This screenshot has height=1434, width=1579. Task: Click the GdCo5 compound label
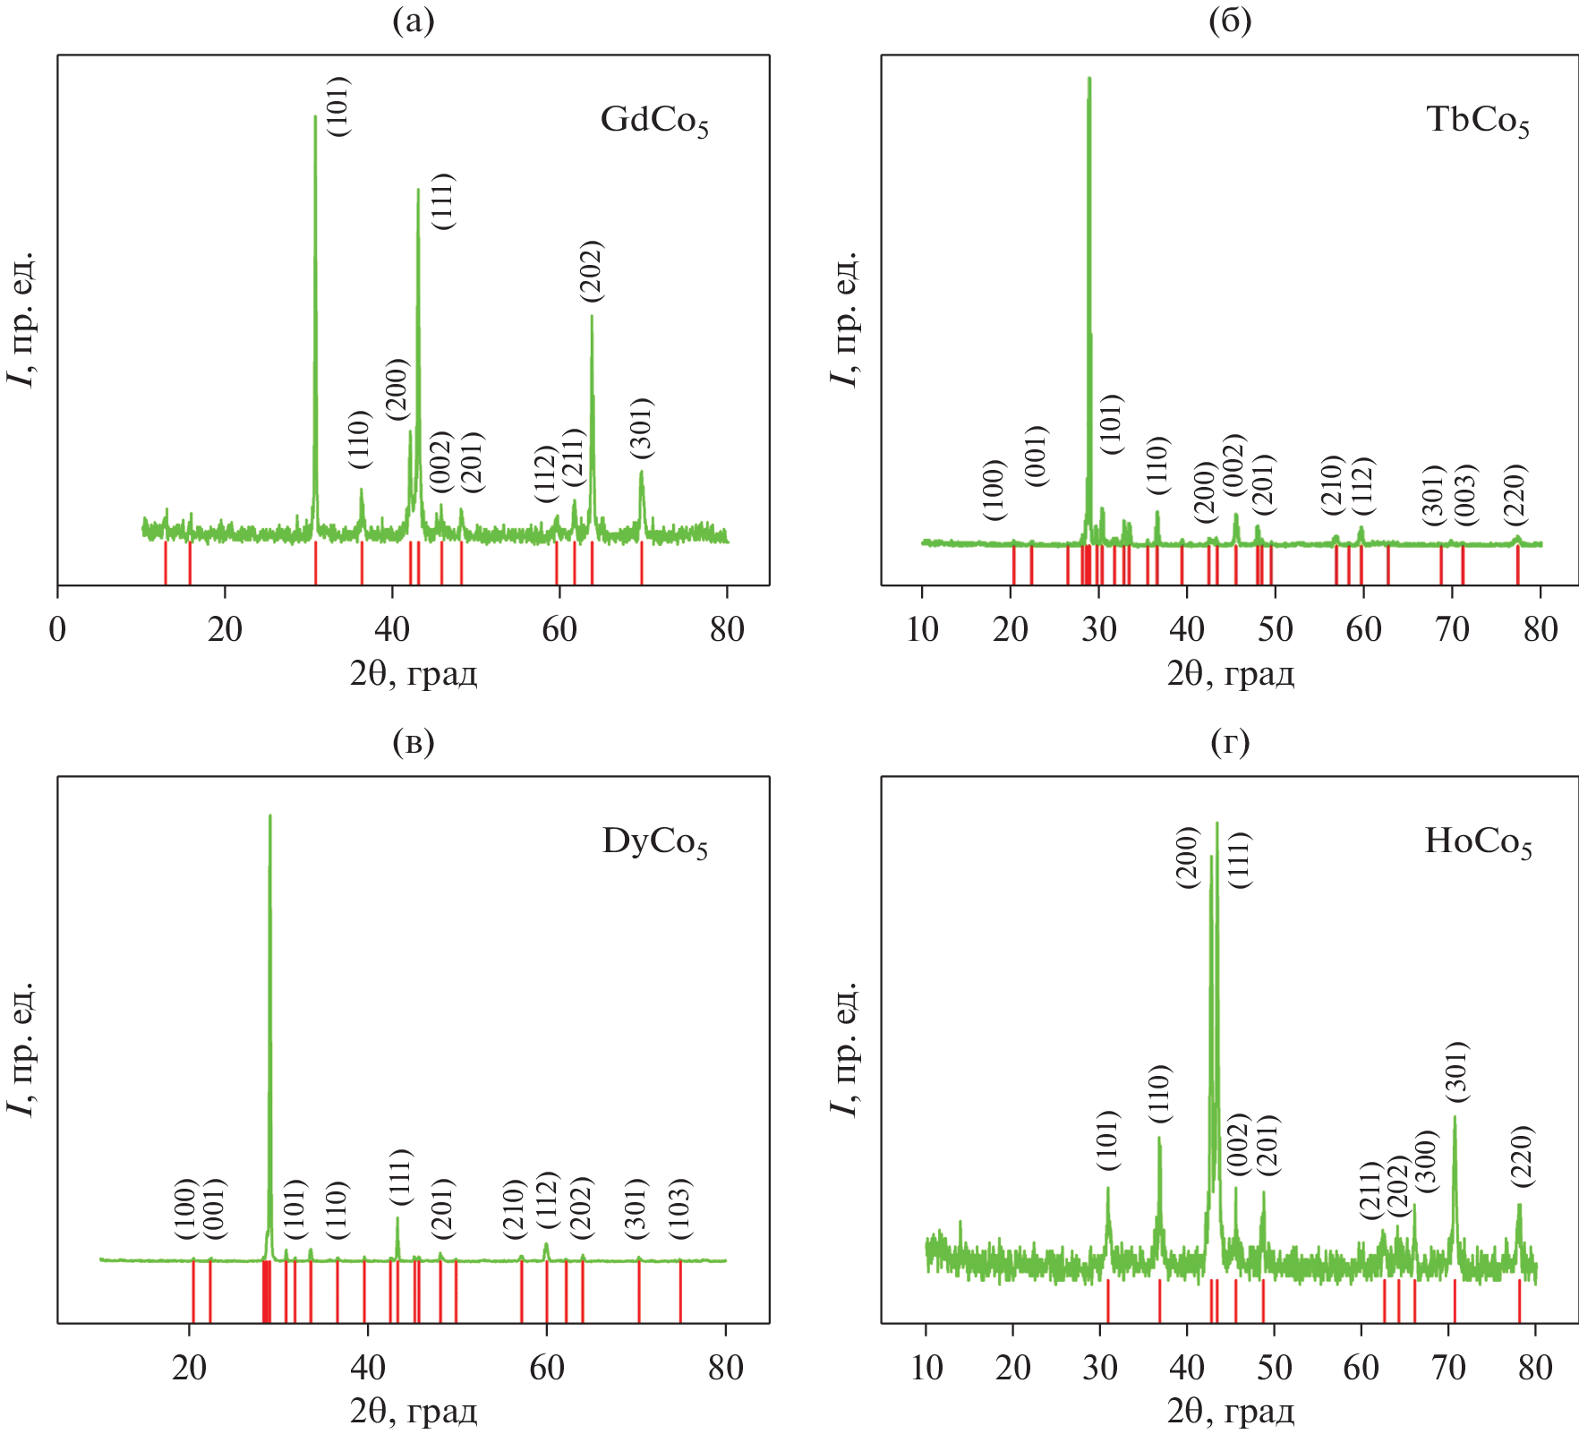(654, 121)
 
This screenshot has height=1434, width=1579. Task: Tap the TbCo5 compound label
(1478, 121)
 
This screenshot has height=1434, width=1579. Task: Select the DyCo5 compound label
(655, 842)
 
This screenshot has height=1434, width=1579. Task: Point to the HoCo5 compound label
(1478, 842)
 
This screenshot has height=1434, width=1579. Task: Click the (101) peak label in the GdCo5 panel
(338, 107)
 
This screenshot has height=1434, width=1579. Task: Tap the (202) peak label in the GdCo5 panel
(591, 270)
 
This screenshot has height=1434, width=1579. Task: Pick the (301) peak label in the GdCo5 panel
(641, 428)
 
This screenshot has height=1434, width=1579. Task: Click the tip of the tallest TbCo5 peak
(1088, 79)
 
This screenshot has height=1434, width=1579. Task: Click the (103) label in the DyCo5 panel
(680, 1208)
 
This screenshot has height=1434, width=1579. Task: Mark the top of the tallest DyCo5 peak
(269, 815)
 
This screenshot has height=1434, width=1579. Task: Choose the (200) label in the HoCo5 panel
(1187, 857)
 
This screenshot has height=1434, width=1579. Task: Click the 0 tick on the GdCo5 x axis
(58, 629)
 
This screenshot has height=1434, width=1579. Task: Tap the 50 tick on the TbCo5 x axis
(1275, 629)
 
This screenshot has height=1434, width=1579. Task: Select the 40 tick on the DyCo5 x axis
(367, 1367)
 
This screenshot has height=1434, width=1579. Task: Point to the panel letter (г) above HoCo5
(1229, 742)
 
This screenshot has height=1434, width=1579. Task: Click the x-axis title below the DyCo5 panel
(414, 1412)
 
